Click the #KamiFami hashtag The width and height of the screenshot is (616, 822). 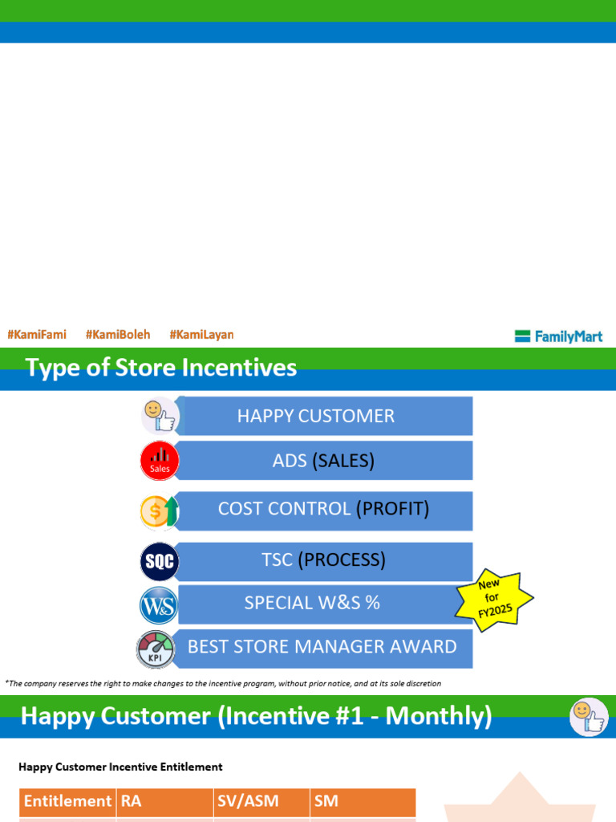pyautogui.click(x=36, y=335)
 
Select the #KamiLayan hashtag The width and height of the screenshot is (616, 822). pyautogui.click(x=201, y=335)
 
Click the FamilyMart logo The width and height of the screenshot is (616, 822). pyautogui.click(x=558, y=336)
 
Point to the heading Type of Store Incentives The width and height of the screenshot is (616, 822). pyautogui.click(x=161, y=368)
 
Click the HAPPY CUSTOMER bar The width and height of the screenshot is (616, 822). pyautogui.click(x=324, y=416)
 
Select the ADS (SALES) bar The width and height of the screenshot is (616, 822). pyautogui.click(x=324, y=461)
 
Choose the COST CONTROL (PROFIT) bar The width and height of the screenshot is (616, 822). pyautogui.click(x=324, y=509)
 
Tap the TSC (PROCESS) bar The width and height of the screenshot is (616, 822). pyautogui.click(x=324, y=560)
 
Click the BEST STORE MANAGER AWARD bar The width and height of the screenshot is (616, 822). pyautogui.click(x=322, y=647)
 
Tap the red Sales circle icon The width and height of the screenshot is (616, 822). pyautogui.click(x=160, y=461)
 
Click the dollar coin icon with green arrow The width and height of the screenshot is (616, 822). pyautogui.click(x=159, y=511)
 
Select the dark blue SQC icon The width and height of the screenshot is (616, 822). pyautogui.click(x=159, y=562)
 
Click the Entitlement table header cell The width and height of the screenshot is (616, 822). pyautogui.click(x=67, y=801)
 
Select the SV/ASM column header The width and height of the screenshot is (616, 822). pyautogui.click(x=261, y=801)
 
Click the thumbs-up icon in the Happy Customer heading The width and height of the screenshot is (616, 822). pyautogui.click(x=589, y=717)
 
